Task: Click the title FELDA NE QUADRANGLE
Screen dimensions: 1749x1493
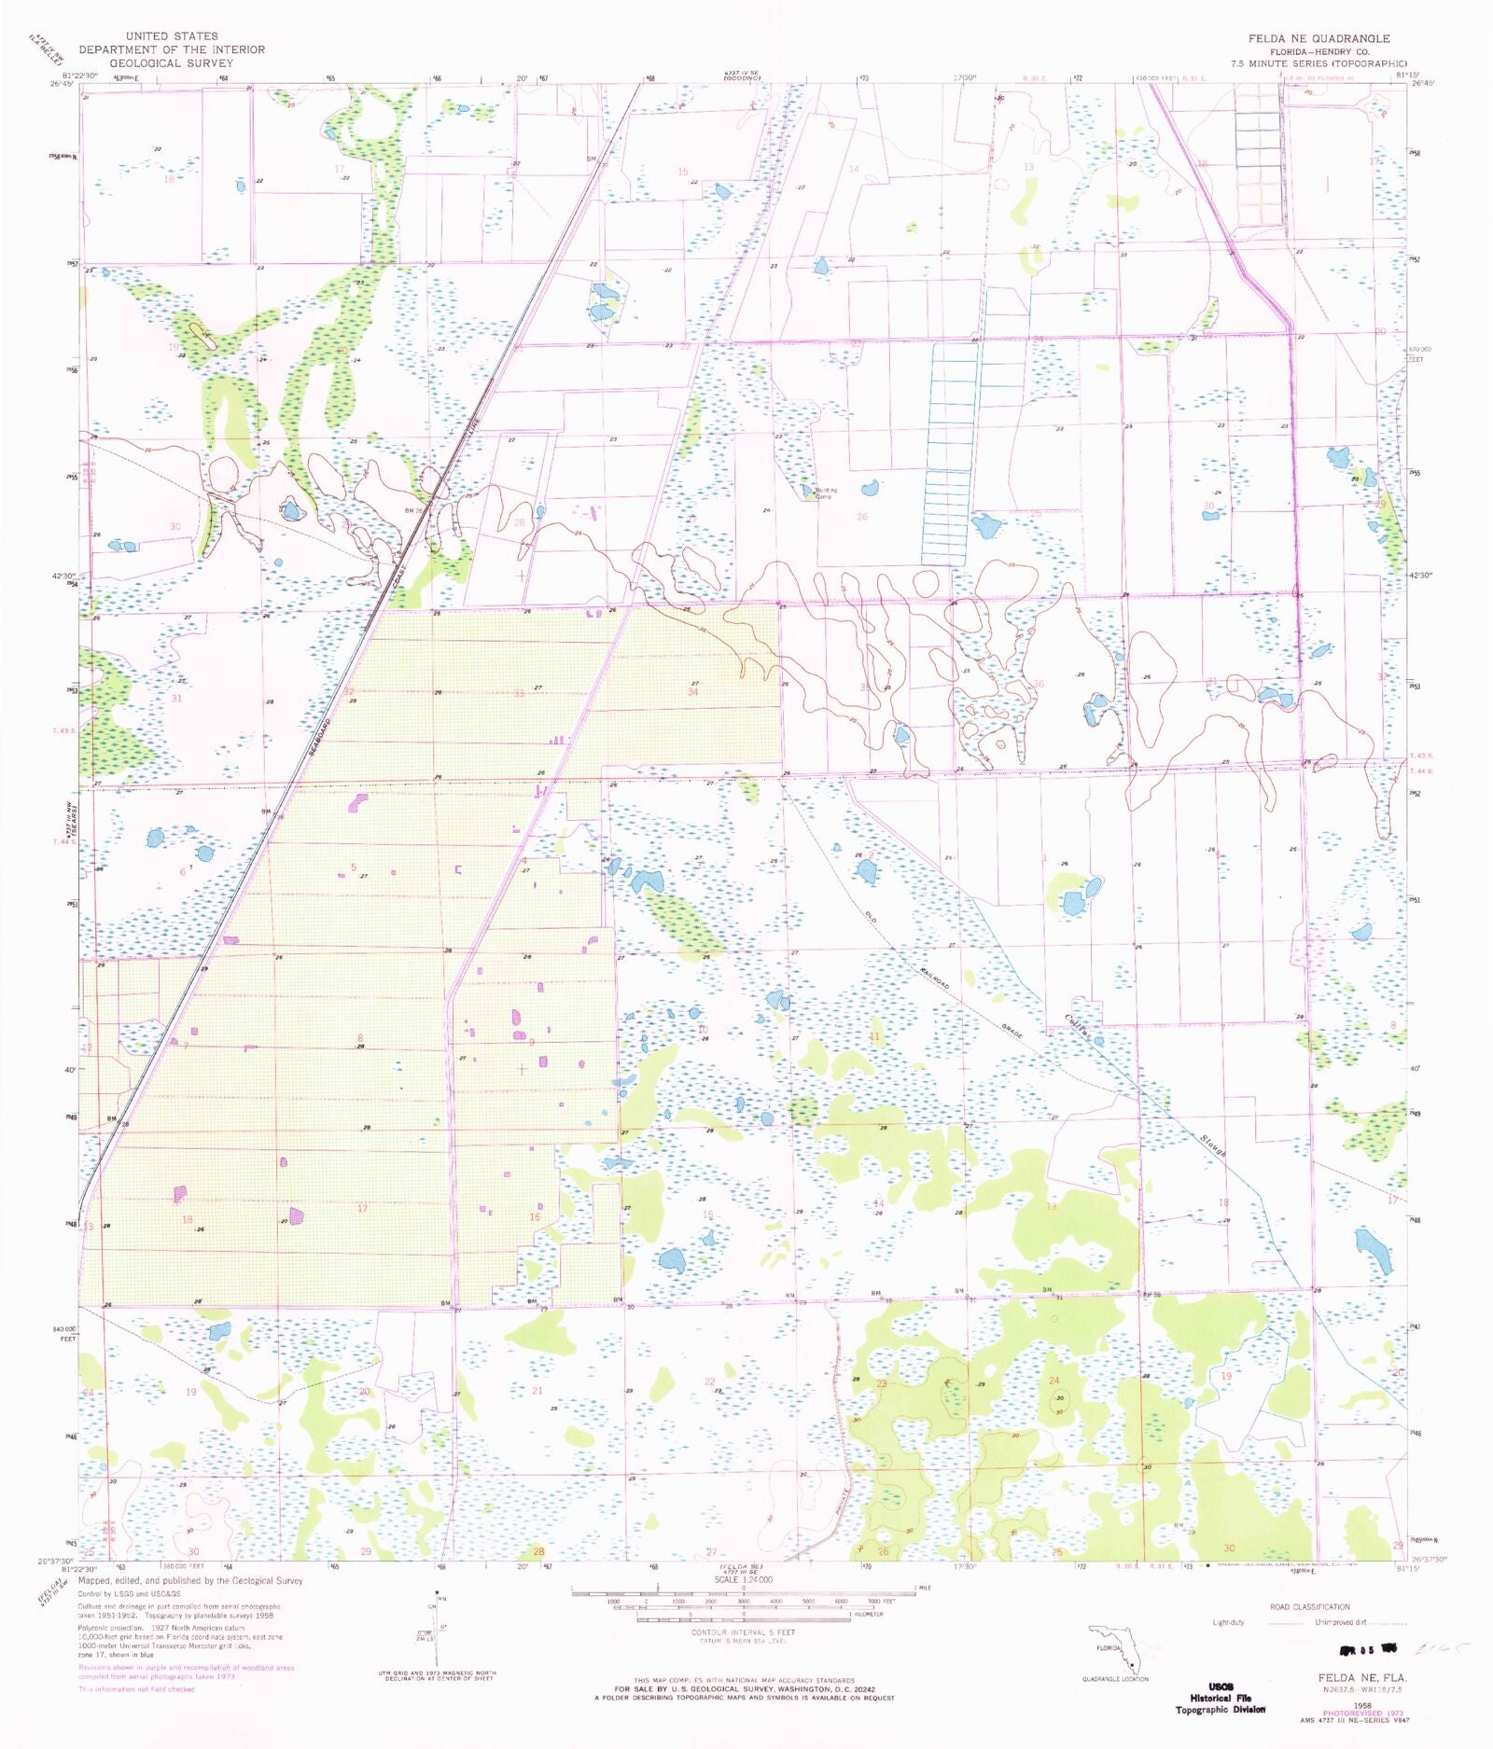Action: click(x=1319, y=38)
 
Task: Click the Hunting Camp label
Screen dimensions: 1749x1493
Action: click(x=824, y=493)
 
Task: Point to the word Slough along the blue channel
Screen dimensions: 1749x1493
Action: click(x=1212, y=1145)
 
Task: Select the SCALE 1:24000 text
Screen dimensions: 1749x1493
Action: click(x=743, y=1580)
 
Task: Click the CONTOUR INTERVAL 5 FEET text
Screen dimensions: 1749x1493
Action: click(x=743, y=1632)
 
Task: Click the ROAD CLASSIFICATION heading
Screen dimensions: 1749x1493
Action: click(x=1308, y=1606)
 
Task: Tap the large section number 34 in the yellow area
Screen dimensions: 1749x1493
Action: click(x=692, y=691)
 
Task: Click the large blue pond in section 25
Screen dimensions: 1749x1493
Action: click(x=985, y=526)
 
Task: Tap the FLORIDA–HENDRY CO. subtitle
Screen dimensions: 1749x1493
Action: click(x=1318, y=51)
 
